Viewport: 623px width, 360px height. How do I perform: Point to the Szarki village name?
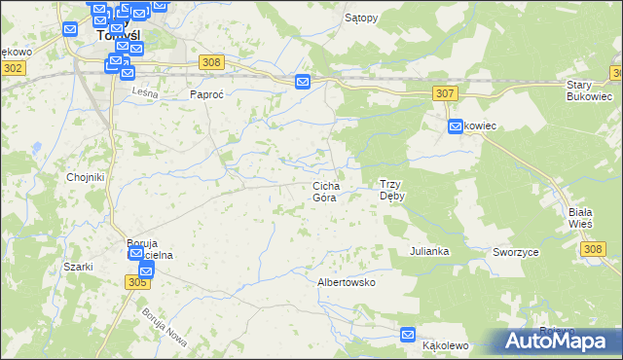[x=77, y=267]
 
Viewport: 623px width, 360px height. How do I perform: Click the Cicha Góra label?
[x=325, y=191]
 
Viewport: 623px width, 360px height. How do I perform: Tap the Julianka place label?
[x=429, y=251]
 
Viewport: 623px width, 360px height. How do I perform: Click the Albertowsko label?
[x=347, y=282]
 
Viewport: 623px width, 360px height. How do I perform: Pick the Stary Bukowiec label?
[x=589, y=91]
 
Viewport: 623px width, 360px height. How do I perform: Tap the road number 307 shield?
[x=444, y=92]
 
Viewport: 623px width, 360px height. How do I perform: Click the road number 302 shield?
[x=13, y=68]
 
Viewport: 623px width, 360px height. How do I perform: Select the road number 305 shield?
[x=137, y=280]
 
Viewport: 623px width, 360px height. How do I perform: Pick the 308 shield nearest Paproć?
[x=212, y=62]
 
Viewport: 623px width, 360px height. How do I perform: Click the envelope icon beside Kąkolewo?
[x=409, y=336]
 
